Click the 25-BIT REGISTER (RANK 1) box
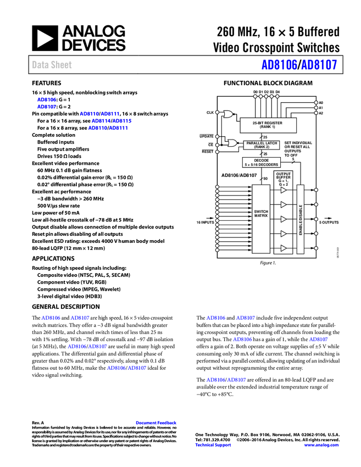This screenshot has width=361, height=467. pyautogui.click(x=268, y=125)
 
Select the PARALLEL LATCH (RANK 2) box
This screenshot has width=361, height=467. pyautogui.click(x=262, y=145)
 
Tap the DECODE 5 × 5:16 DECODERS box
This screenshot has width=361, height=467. pyautogui.click(x=262, y=162)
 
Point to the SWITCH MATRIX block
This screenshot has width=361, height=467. pyautogui.click(x=261, y=219)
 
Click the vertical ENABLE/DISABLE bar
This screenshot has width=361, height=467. pyautogui.click(x=301, y=219)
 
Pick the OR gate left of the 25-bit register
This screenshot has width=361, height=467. pyautogui.click(x=227, y=114)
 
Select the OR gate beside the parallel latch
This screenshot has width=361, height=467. pyautogui.click(x=232, y=143)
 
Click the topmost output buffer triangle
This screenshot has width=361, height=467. pyautogui.click(x=284, y=190)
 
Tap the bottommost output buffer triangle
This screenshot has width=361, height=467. pyautogui.click(x=284, y=248)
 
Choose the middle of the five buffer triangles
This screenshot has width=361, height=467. pyautogui.click(x=284, y=219)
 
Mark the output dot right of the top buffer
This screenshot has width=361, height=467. pyautogui.click(x=316, y=190)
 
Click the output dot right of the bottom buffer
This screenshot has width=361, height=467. pyautogui.click(x=316, y=248)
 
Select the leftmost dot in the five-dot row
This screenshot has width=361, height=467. pyautogui.click(x=255, y=97)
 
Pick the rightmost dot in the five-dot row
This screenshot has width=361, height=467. pyautogui.click(x=277, y=97)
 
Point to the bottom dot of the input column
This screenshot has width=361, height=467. pyautogui.click(x=217, y=250)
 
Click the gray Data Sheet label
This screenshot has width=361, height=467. pyautogui.click(x=52, y=65)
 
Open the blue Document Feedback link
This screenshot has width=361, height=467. pyautogui.click(x=157, y=423)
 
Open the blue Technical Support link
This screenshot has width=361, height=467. pyautogui.click(x=213, y=445)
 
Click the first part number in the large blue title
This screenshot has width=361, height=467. pyautogui.click(x=279, y=65)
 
